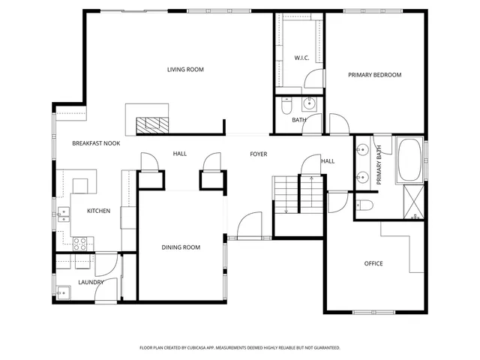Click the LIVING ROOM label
coord(185,70)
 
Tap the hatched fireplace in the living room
coord(153,124)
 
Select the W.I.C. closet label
coord(302,57)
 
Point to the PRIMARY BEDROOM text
coord(374,75)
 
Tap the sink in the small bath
coord(309,104)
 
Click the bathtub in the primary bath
coord(409,160)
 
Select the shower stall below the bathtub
coord(412,203)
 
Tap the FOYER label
coord(258,154)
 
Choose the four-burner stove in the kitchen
coord(80,243)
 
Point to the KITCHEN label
coord(98,211)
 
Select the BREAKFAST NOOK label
coord(96,142)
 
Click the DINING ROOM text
coord(181,247)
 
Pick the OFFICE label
coord(373,263)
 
